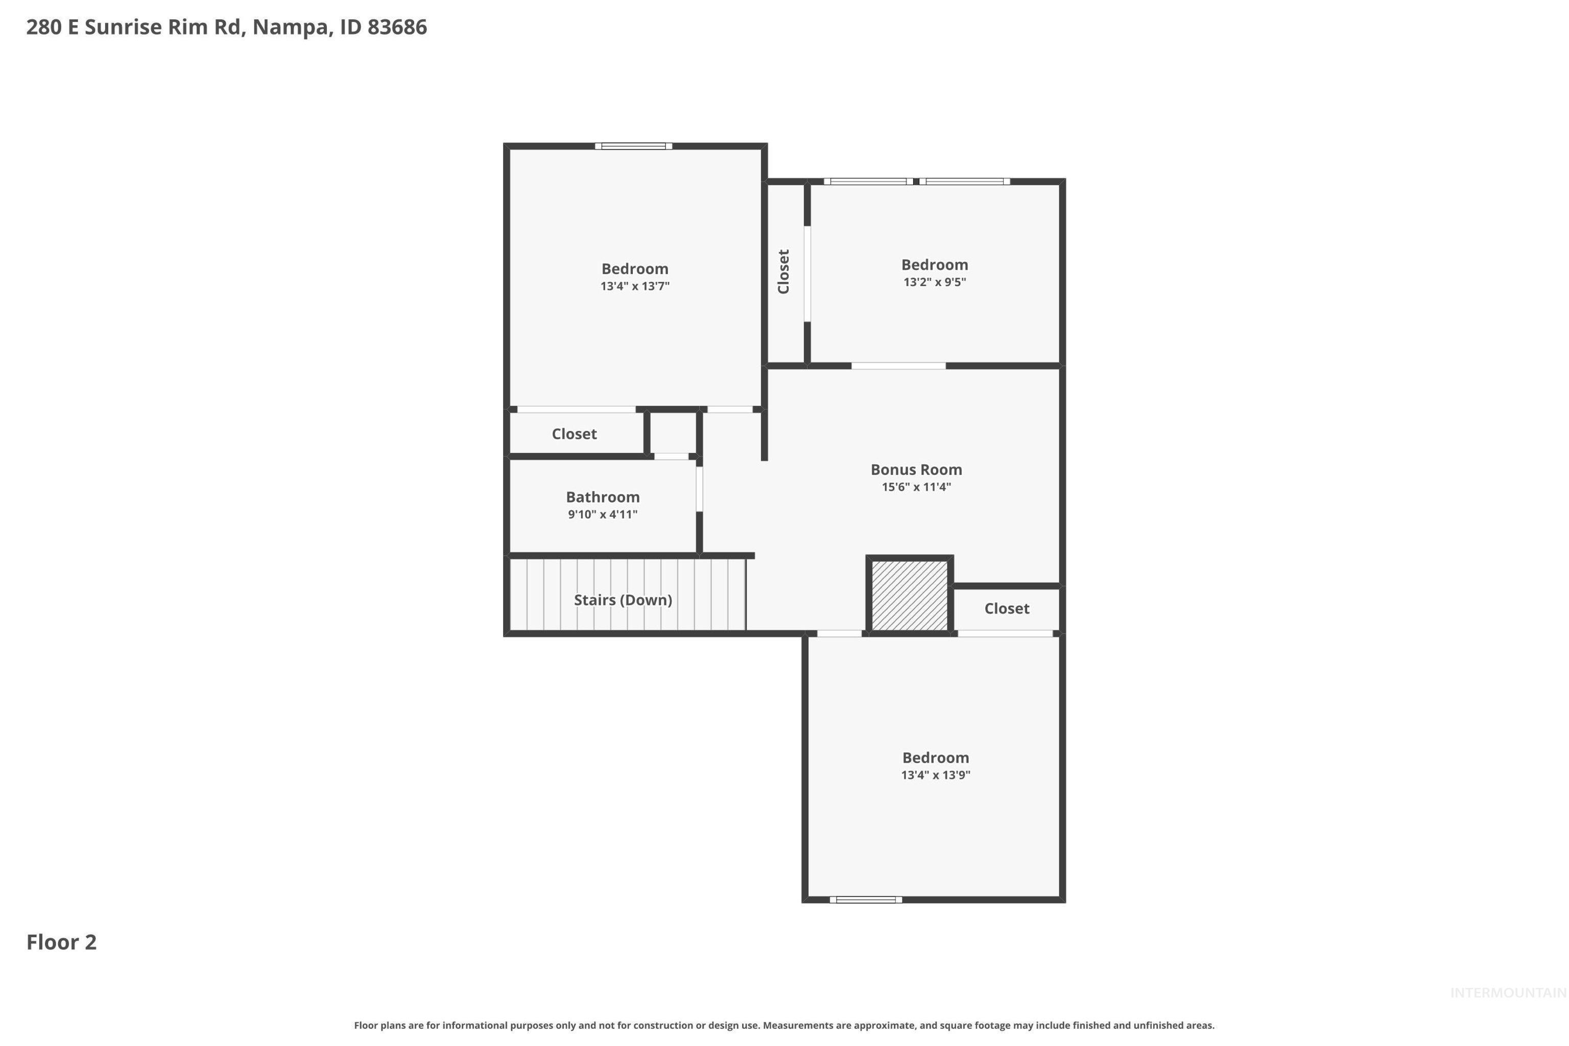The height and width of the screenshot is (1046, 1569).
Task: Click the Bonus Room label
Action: point(916,470)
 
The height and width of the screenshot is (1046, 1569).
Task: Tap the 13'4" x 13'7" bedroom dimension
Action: point(634,286)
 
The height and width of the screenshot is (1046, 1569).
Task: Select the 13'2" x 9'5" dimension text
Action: point(934,282)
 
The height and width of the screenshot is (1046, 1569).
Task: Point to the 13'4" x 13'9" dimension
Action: point(935,775)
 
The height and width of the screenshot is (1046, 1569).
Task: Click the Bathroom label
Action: point(602,497)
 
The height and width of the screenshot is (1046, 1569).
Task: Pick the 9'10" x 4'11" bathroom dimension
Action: point(602,514)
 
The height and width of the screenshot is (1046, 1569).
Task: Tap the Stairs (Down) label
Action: point(623,600)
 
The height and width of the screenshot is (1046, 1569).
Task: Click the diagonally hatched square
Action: point(909,595)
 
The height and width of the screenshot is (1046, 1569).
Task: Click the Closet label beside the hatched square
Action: point(1006,608)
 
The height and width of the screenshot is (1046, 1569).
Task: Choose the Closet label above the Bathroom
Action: point(574,434)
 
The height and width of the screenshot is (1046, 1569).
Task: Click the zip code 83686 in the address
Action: point(397,28)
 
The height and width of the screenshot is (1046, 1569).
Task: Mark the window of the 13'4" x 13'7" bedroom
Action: point(633,146)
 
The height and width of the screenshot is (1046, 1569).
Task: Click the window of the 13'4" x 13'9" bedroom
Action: point(865,900)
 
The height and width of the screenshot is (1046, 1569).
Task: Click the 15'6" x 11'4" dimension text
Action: point(916,487)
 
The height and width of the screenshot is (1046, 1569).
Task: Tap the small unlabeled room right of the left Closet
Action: point(673,434)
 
